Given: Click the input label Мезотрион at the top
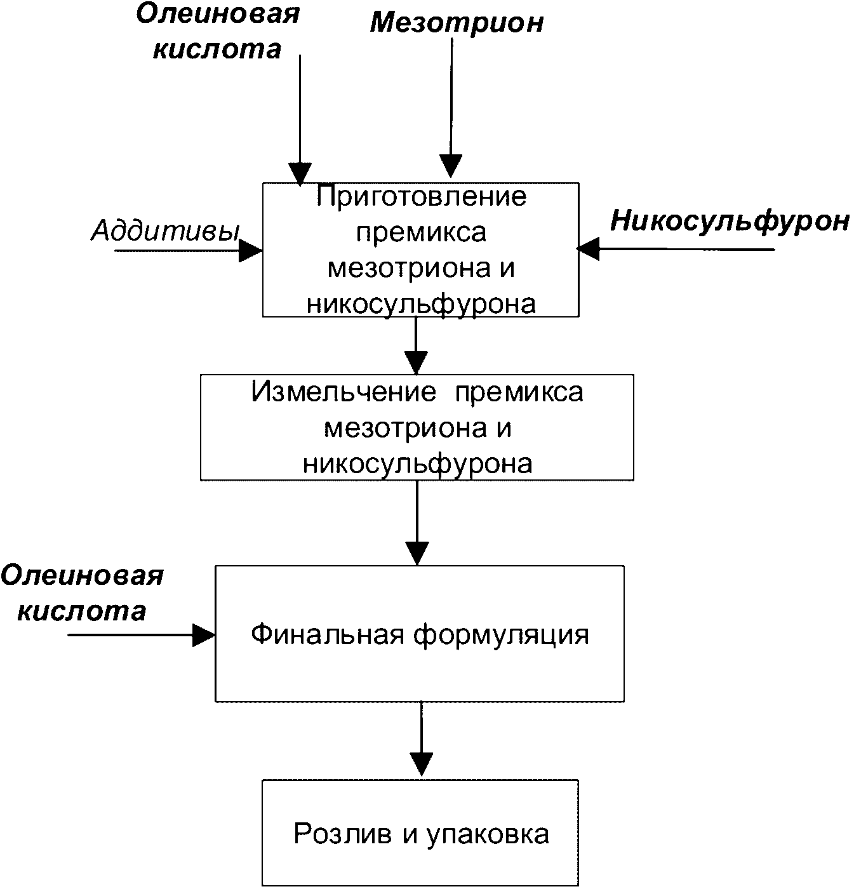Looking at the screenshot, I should point(457,23).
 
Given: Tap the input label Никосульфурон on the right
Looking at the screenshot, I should point(730,221).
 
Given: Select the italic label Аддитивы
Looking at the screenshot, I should point(165,231).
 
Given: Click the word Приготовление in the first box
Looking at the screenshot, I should point(421,196).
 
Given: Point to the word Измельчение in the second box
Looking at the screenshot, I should point(344,392).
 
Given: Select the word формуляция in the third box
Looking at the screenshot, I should point(502,634).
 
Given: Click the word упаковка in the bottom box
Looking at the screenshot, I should point(488,834).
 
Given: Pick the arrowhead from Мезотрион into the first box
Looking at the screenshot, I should point(450,168).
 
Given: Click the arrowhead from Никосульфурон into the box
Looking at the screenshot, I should point(588,249).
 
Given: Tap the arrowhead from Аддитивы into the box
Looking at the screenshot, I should point(251,251).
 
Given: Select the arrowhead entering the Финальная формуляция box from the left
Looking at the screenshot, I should point(204,634).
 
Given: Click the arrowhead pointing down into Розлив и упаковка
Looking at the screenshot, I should point(421,764).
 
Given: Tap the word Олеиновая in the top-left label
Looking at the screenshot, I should point(218,14).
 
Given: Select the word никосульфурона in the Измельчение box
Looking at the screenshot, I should point(417,464).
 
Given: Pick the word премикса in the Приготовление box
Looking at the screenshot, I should point(421,232).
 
